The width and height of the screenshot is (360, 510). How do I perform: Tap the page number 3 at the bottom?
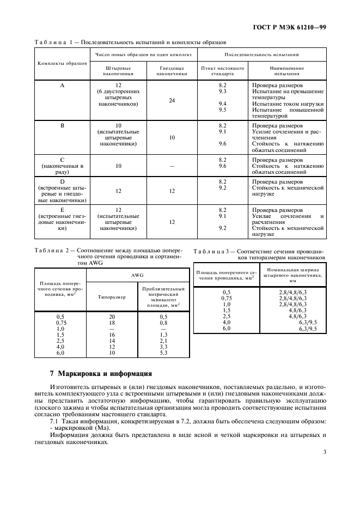click(x=324, y=452)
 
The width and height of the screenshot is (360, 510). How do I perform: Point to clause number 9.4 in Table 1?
click(x=222, y=104)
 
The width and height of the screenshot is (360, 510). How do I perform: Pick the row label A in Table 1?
click(x=62, y=86)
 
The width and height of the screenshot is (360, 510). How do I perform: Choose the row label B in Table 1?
click(x=62, y=125)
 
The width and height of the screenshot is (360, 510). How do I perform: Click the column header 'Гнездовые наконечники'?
click(x=172, y=69)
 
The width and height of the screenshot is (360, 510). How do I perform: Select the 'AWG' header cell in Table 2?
click(x=137, y=275)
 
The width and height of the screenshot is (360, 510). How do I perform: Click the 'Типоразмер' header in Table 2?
click(x=112, y=297)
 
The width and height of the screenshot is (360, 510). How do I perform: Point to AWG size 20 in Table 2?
click(x=112, y=317)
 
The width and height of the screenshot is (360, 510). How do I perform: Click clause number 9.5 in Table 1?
click(x=222, y=110)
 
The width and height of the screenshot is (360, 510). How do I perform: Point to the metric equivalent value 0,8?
click(x=163, y=323)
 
